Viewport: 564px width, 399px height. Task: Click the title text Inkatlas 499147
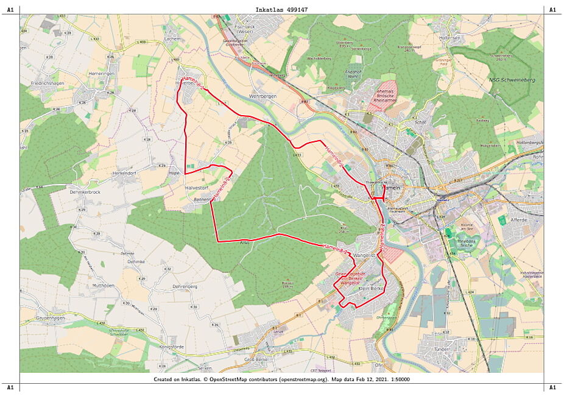tap(282, 10)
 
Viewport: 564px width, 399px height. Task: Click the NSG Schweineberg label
tap(510, 80)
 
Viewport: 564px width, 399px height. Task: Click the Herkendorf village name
tap(127, 172)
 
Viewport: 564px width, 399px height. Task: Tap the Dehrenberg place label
tap(186, 286)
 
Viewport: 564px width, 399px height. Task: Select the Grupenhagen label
tap(51, 318)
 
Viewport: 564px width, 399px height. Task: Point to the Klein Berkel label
tap(370, 288)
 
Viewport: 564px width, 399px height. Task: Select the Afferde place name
tap(520, 219)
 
